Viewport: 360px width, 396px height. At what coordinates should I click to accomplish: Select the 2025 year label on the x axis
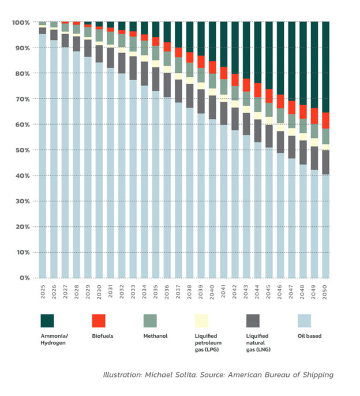pyautogui.click(x=43, y=291)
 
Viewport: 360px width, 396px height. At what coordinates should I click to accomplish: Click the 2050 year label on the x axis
pyautogui.click(x=326, y=291)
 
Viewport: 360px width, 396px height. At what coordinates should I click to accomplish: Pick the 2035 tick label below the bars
pyautogui.click(x=156, y=291)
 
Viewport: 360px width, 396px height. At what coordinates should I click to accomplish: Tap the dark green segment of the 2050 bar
pyautogui.click(x=326, y=66)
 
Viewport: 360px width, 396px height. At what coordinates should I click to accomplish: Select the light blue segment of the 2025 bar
pyautogui.click(x=43, y=156)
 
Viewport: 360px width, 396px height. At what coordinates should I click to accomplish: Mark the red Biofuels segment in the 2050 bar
pyautogui.click(x=326, y=120)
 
